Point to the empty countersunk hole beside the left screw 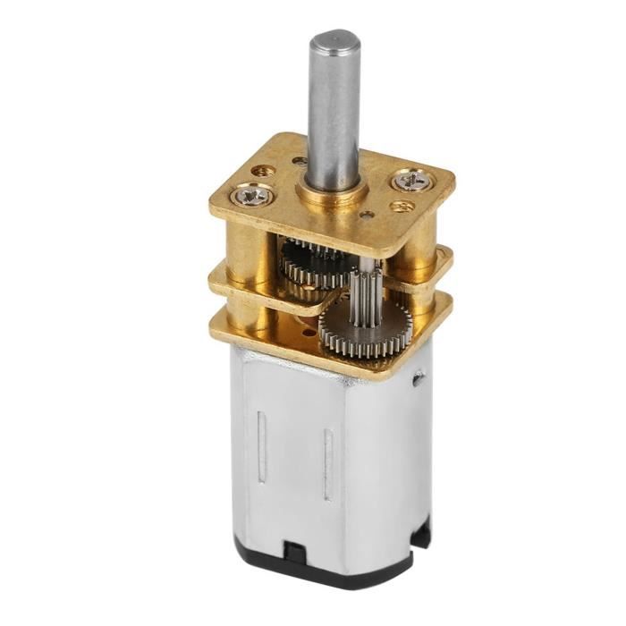[x=262, y=169]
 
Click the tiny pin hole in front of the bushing [x=365, y=216]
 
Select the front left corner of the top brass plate [x=216, y=210]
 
